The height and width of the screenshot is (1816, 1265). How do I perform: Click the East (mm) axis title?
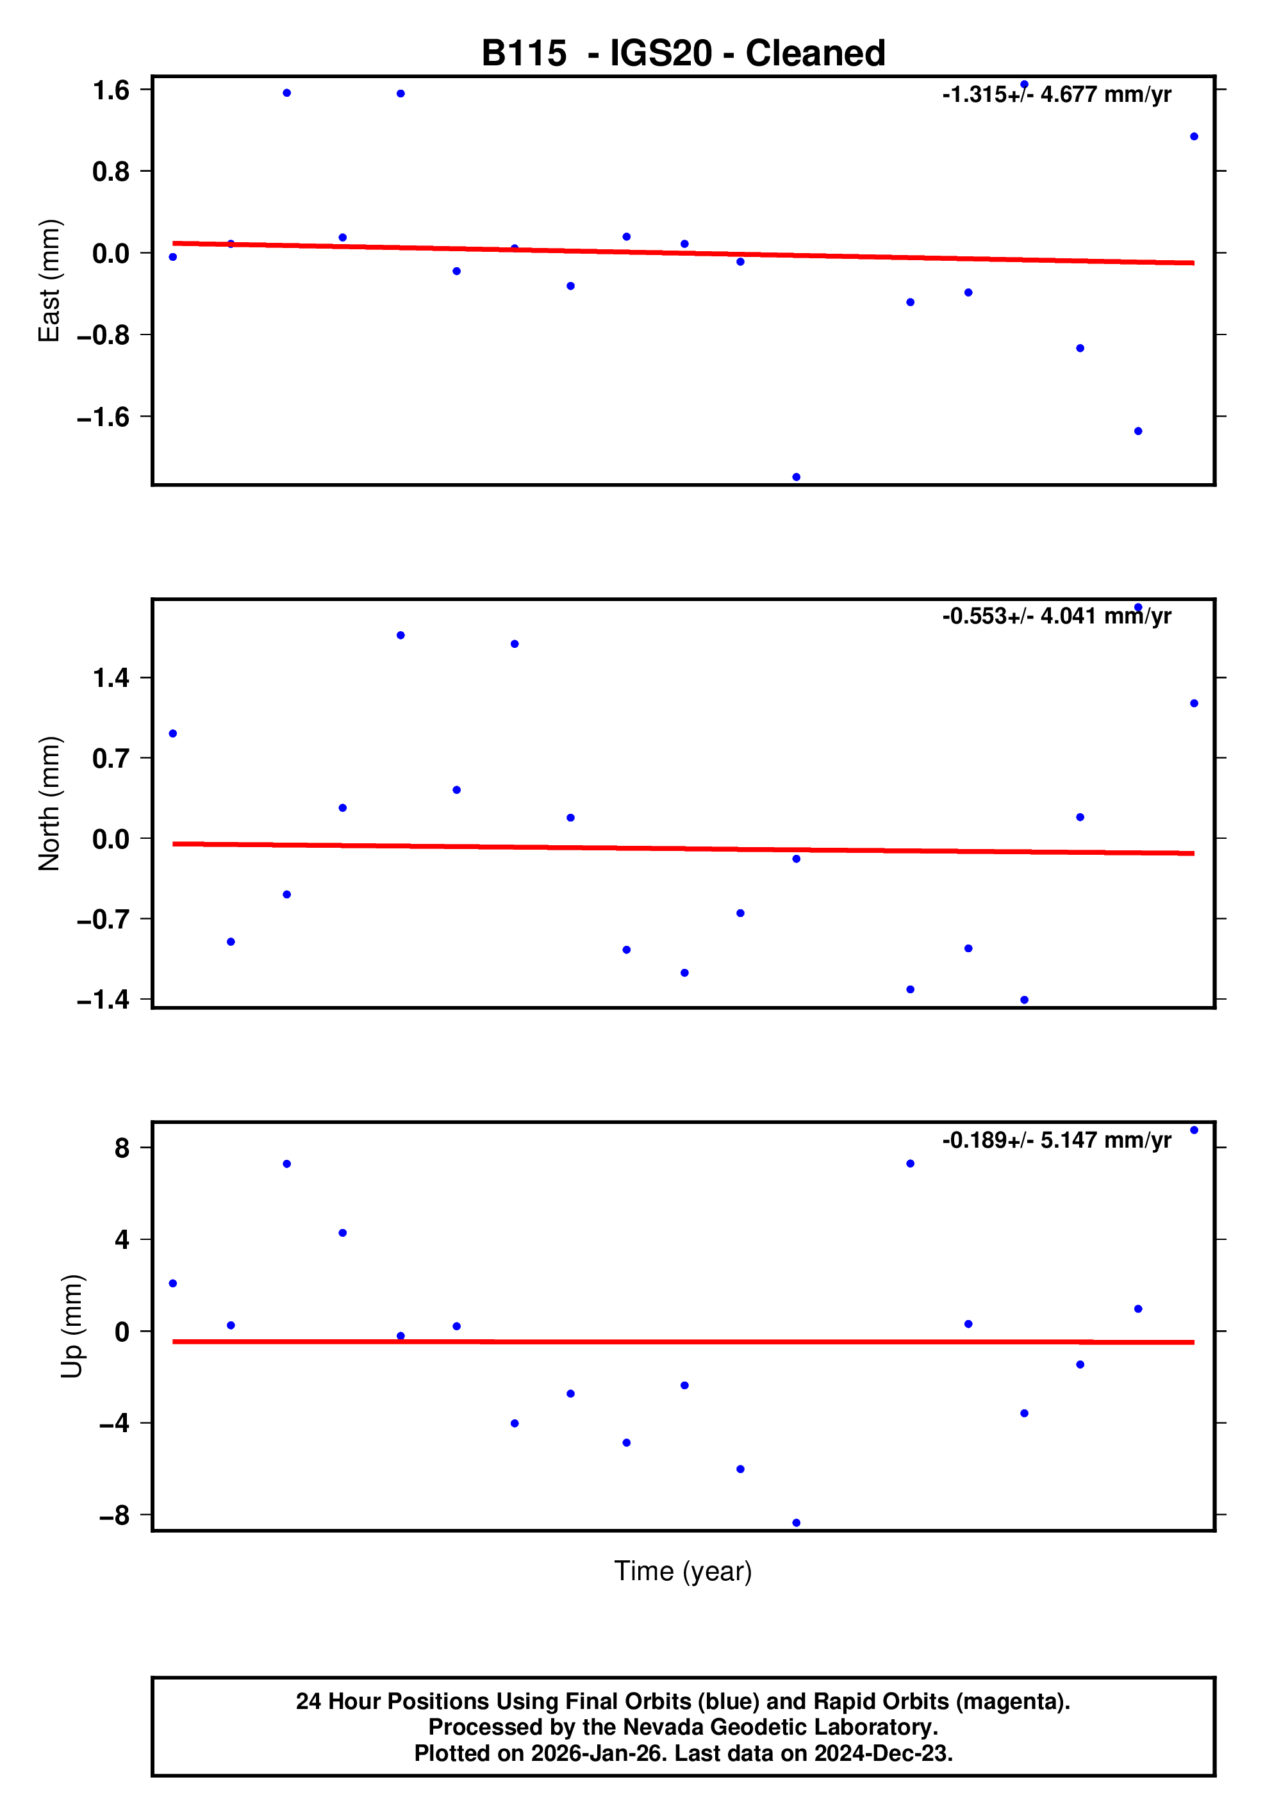[49, 281]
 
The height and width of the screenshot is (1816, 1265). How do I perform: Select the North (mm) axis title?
[49, 803]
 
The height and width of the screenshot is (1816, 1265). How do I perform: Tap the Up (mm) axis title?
[71, 1326]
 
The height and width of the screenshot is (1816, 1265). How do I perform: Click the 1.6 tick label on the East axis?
[111, 91]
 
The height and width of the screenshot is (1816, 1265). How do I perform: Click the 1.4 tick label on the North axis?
[111, 678]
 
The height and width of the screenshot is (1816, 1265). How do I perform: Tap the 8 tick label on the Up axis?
[122, 1148]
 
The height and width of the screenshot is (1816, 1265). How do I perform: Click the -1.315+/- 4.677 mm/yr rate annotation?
[1056, 95]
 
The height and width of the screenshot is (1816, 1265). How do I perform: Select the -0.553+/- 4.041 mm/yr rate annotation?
[1056, 616]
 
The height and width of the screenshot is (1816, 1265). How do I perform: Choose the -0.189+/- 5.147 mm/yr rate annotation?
[1056, 1141]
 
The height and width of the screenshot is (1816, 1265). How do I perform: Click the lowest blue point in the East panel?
[796, 477]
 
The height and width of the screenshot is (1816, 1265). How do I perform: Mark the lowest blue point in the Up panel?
[796, 1523]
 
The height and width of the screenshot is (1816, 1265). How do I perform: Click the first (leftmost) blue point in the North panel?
[173, 733]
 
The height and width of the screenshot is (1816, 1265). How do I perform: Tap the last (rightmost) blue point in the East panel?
[1194, 137]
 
